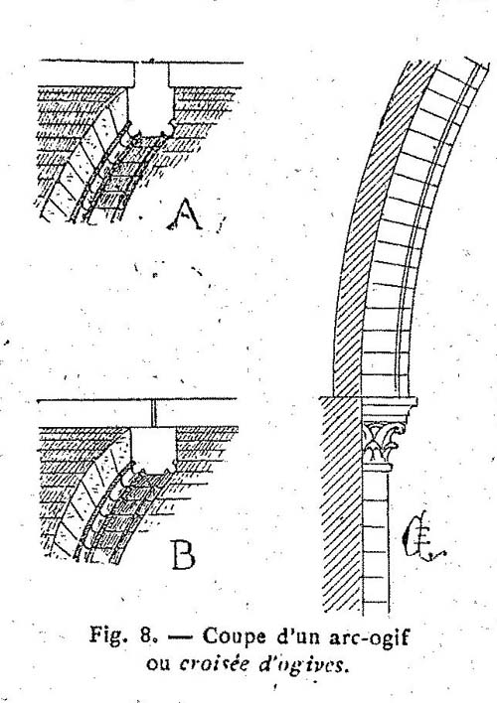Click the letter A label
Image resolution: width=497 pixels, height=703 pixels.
point(185,215)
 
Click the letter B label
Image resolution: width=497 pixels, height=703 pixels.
point(184,555)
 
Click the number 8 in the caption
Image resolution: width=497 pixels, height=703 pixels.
point(146,635)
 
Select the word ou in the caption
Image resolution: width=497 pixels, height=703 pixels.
point(158,664)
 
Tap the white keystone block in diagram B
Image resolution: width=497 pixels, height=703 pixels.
point(153,450)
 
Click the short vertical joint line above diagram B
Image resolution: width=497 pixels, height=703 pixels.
point(153,413)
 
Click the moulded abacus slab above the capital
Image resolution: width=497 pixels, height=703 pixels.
point(389,409)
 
